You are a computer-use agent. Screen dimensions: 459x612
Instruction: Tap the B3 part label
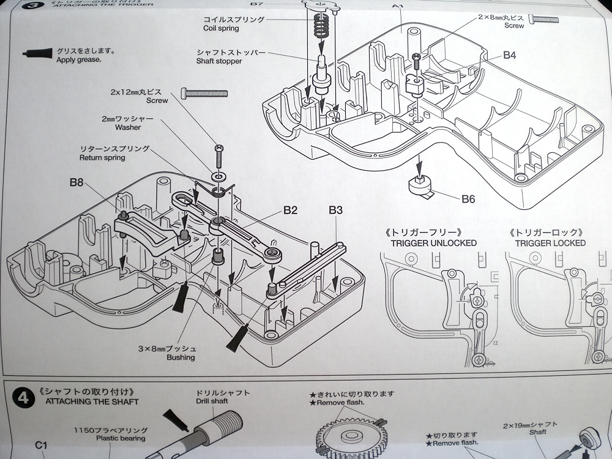[x=335, y=210]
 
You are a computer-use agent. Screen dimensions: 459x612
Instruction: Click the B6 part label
[x=468, y=198]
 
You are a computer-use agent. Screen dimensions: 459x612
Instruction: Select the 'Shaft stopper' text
[x=219, y=61]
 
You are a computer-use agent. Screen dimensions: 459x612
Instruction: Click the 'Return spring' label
[x=102, y=158]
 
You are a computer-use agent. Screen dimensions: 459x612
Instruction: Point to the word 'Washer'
[x=128, y=127]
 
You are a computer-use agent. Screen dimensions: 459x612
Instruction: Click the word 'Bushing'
[x=180, y=357]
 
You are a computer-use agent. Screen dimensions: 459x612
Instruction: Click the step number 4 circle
[x=23, y=398]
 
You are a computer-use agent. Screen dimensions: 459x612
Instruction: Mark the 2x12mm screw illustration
[x=204, y=93]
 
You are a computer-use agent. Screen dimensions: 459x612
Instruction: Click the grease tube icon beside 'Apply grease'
[x=37, y=53]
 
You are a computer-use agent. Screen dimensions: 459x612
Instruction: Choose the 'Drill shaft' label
[x=212, y=401]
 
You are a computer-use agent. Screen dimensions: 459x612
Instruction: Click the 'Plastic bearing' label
[x=121, y=438]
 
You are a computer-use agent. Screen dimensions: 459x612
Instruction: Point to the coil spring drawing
[x=321, y=28]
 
